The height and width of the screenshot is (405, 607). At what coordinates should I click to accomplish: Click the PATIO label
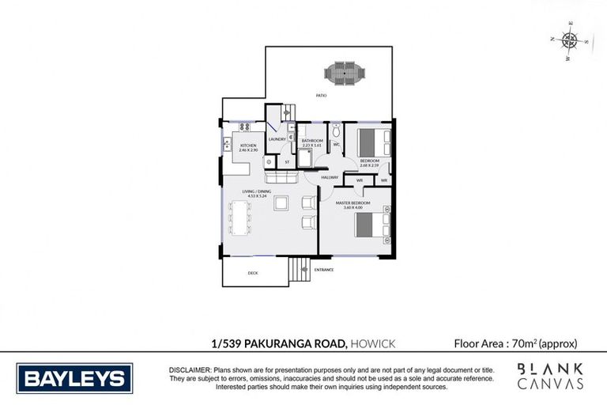point(321,95)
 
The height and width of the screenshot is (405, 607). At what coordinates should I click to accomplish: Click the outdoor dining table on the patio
point(345,74)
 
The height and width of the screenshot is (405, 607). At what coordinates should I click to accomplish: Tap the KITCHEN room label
point(249,147)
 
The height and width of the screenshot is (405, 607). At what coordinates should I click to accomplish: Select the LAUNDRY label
point(277,140)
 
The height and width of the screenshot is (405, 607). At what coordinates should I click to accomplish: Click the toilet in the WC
point(336,131)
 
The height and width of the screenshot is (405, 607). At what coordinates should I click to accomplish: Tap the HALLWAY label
point(330,177)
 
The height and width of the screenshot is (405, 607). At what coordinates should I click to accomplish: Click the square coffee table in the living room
point(282,203)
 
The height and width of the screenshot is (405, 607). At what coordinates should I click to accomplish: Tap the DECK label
point(253,274)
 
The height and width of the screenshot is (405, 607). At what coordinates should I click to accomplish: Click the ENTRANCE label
point(324,270)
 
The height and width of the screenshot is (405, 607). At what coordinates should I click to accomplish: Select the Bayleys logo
point(75,378)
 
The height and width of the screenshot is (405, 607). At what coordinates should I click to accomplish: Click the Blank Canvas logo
point(550,377)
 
